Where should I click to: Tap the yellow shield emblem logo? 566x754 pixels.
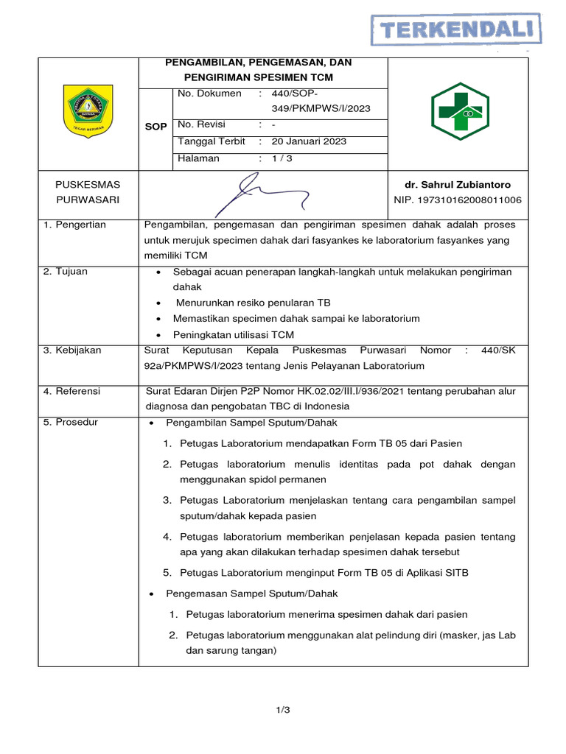point(88,111)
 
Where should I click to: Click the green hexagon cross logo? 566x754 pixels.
point(458,111)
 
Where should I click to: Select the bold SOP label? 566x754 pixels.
point(156,127)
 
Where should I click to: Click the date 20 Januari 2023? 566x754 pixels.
point(309,141)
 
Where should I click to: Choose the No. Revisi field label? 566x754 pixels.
point(201,124)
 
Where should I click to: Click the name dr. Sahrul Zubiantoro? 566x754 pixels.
point(458,185)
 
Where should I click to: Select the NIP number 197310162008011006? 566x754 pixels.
point(458,200)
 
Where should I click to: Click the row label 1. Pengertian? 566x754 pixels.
point(74,225)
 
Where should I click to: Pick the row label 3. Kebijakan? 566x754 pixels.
point(72,350)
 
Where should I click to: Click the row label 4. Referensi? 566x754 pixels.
point(71,391)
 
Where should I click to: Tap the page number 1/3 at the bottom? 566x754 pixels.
point(283,710)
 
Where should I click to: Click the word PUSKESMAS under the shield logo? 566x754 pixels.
point(88,185)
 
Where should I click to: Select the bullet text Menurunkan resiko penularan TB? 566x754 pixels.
point(253,303)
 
